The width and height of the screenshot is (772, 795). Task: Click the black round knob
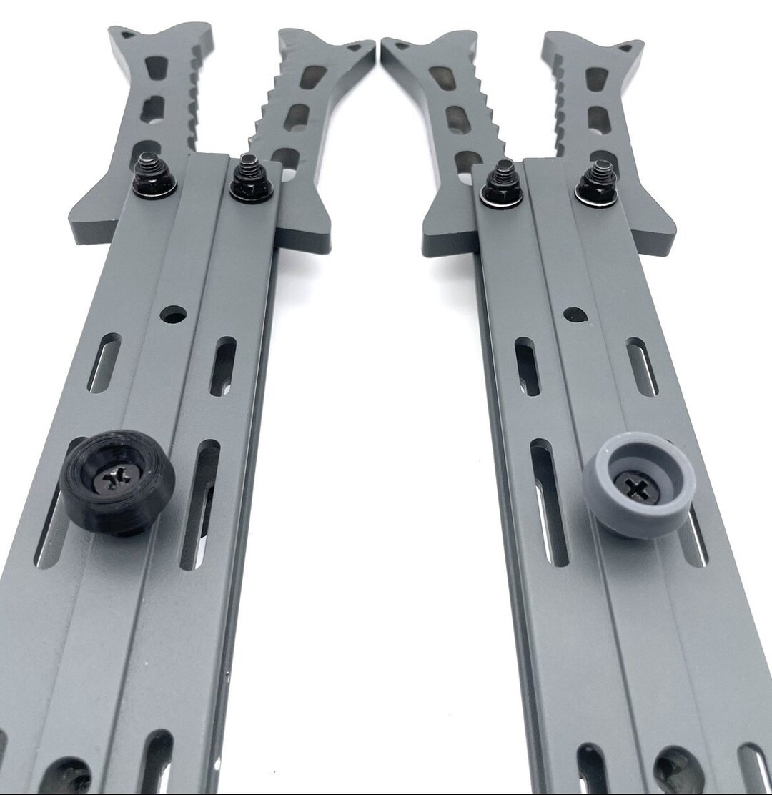click(x=117, y=480)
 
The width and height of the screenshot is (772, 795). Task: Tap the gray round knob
click(x=638, y=485)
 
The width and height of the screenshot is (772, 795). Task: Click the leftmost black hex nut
click(x=153, y=179)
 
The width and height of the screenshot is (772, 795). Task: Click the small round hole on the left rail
click(x=173, y=314)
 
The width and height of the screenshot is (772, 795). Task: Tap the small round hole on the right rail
click(x=575, y=314)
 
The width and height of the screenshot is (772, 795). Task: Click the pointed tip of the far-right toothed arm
click(x=633, y=46)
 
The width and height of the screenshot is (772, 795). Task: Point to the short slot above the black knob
click(x=104, y=363)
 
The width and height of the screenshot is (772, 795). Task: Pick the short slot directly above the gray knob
click(x=641, y=366)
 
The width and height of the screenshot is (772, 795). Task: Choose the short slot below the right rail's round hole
click(x=527, y=365)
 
